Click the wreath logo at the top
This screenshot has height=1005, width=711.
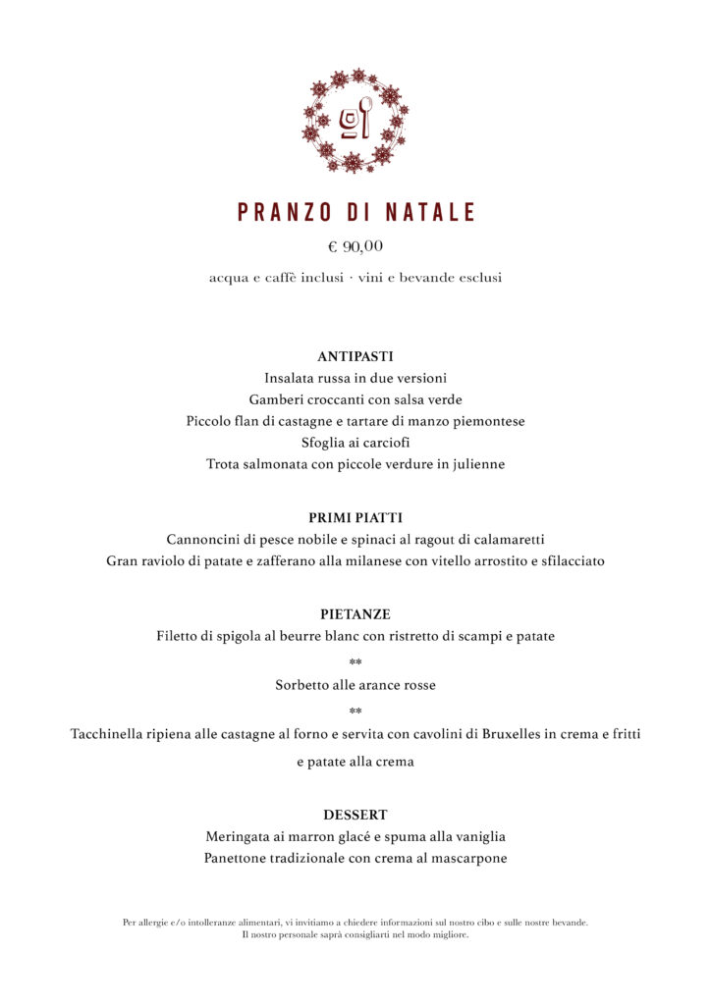click(x=355, y=121)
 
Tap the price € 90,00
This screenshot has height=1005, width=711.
click(x=355, y=246)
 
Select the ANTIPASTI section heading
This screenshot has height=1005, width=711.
click(x=355, y=357)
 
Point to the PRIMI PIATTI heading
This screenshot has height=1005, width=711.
click(x=355, y=517)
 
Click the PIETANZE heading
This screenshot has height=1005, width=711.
click(x=355, y=614)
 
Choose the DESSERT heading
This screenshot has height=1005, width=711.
click(x=355, y=815)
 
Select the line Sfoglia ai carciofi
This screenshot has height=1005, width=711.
click(x=355, y=443)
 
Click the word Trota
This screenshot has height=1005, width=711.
click(x=225, y=464)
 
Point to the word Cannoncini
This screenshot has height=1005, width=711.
click(x=203, y=540)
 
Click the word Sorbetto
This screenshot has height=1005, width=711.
click(x=303, y=685)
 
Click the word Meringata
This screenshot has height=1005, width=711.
click(x=240, y=837)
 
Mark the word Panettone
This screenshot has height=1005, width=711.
click(x=239, y=859)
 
